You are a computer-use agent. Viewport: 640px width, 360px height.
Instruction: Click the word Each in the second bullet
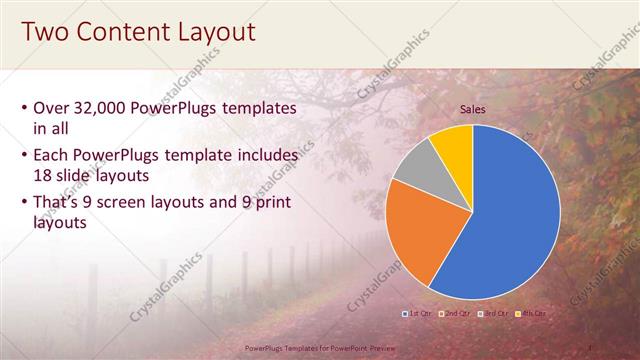coord(53,156)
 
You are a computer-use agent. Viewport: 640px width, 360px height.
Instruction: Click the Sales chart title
coord(473,110)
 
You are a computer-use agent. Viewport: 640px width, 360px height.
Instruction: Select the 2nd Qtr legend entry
coord(456,314)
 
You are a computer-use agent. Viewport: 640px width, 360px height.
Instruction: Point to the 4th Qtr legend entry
coord(532,314)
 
